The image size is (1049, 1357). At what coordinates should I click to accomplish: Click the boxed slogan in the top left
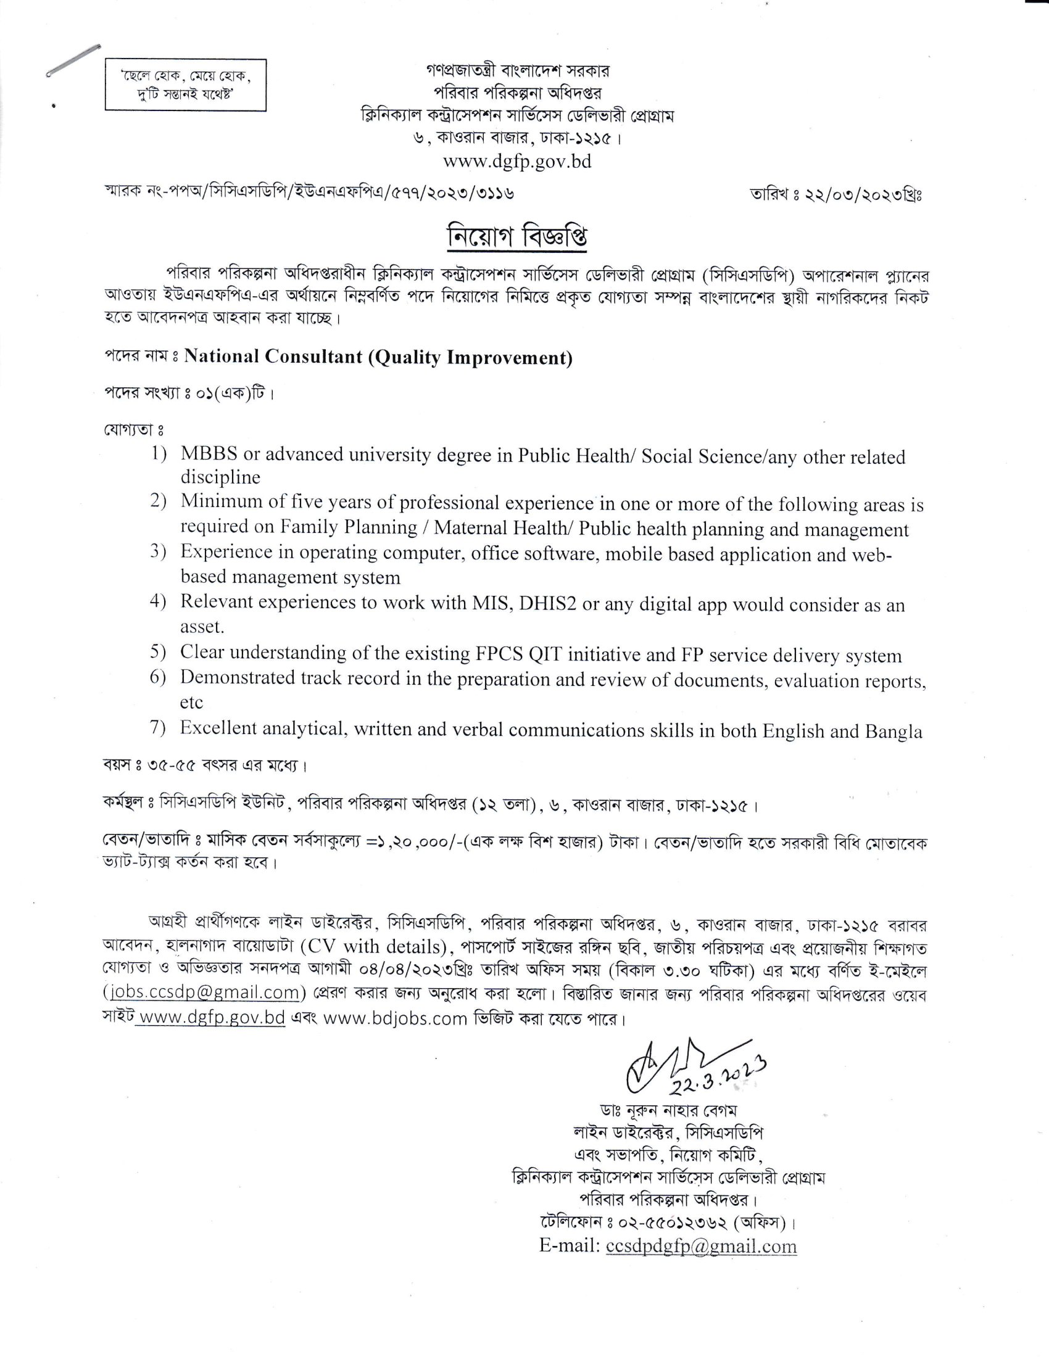(185, 85)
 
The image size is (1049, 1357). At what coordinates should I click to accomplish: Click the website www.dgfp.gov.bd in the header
(517, 162)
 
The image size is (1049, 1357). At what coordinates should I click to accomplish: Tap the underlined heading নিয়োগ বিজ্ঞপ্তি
(517, 237)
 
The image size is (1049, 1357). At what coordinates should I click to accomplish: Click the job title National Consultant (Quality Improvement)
(378, 357)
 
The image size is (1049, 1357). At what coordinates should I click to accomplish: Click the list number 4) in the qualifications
(158, 601)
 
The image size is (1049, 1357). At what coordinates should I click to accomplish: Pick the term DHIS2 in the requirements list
(548, 604)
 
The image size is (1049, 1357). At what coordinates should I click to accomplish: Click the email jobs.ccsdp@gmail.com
(203, 992)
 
